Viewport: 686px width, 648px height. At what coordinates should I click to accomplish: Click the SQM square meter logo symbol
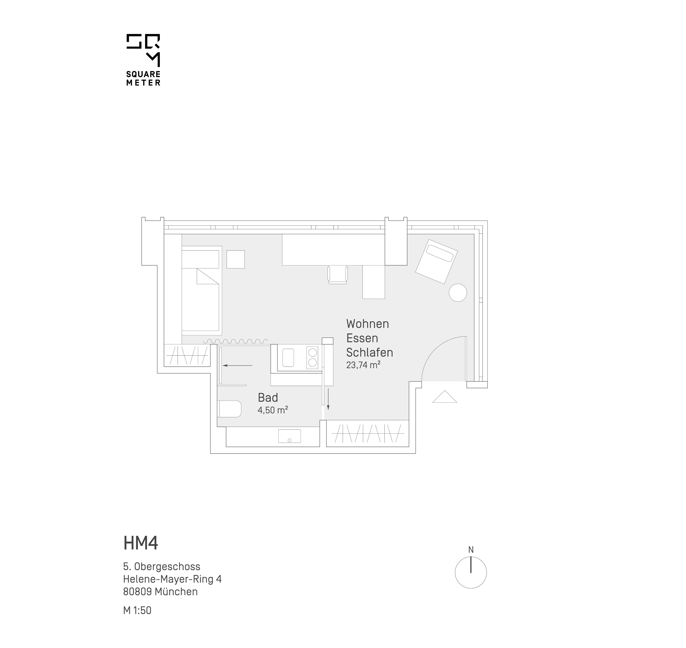point(143,50)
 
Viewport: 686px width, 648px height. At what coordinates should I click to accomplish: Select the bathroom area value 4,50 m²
point(273,410)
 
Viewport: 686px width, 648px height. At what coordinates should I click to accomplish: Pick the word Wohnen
point(368,324)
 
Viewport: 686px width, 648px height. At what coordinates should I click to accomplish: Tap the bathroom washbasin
point(289,436)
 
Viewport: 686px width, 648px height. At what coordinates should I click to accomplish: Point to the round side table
point(458,293)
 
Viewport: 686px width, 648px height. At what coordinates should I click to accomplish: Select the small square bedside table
point(235,259)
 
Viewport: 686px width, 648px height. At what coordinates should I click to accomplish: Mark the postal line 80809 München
point(160,592)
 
